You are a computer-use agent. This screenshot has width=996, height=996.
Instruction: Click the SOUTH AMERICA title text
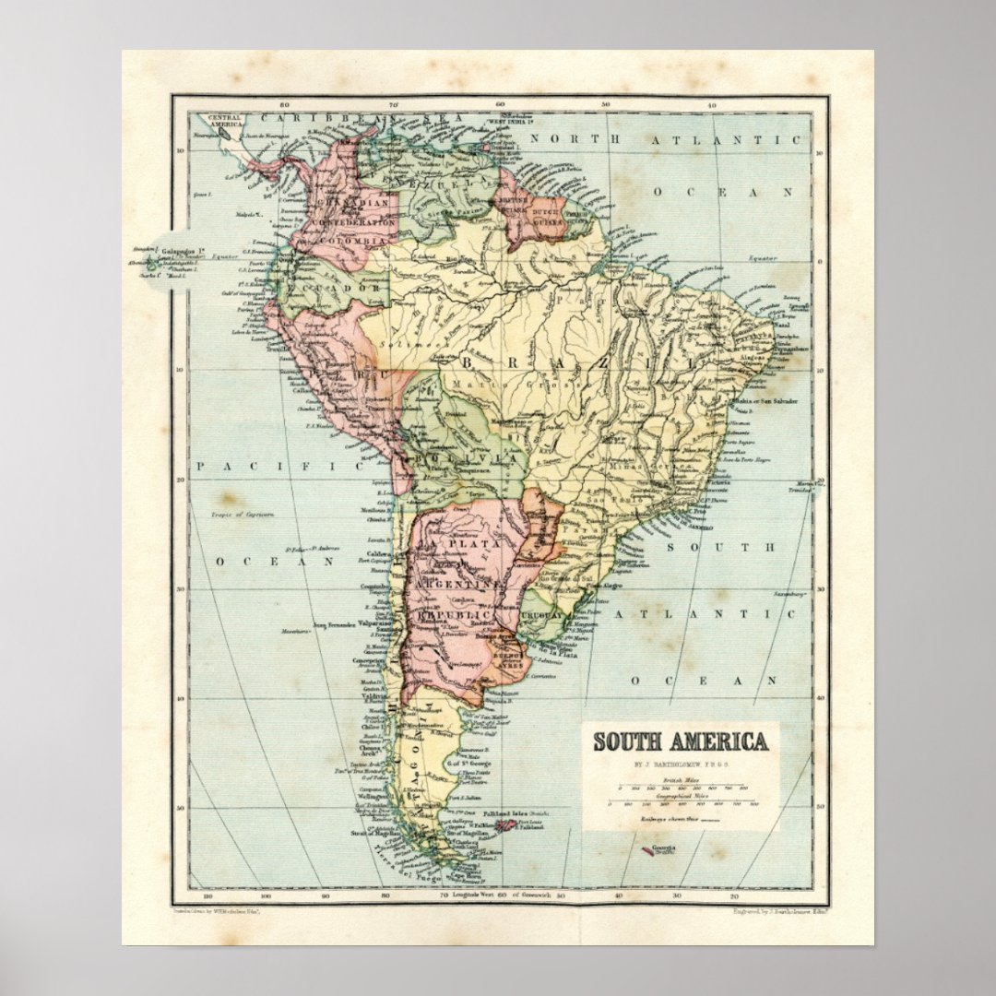tap(680, 742)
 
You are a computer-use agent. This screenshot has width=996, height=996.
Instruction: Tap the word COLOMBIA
tap(354, 240)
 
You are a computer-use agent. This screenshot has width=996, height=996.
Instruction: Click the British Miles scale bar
tap(679, 788)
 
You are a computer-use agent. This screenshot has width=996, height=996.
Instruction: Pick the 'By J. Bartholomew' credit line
tap(679, 765)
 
